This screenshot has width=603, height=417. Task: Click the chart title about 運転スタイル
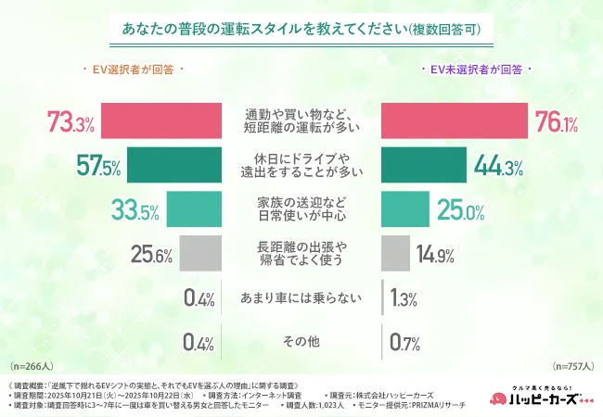click(x=301, y=29)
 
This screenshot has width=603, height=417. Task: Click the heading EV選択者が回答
click(x=135, y=69)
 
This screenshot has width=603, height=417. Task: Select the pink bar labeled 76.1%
click(x=455, y=120)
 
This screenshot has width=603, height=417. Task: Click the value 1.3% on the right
click(x=404, y=297)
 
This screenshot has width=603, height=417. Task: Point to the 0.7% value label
click(x=403, y=342)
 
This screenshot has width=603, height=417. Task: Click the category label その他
click(x=301, y=341)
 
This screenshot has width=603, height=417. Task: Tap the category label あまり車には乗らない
click(x=301, y=297)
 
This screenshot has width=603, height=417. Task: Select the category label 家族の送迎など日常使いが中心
click(x=301, y=208)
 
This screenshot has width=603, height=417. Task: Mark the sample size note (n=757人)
click(x=573, y=365)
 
